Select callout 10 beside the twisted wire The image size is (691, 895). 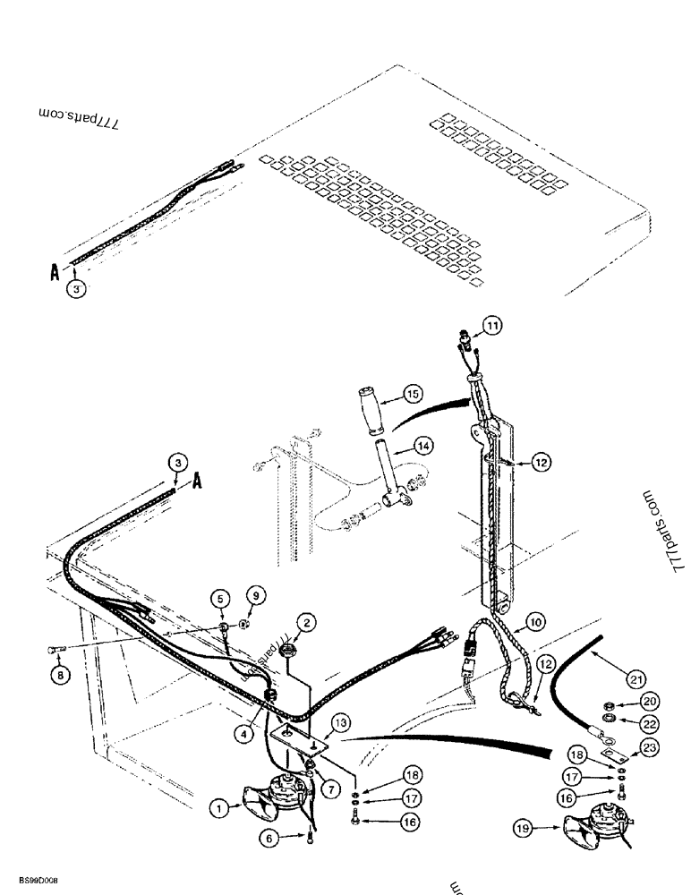pyautogui.click(x=533, y=619)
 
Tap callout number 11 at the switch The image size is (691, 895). pyautogui.click(x=495, y=325)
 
